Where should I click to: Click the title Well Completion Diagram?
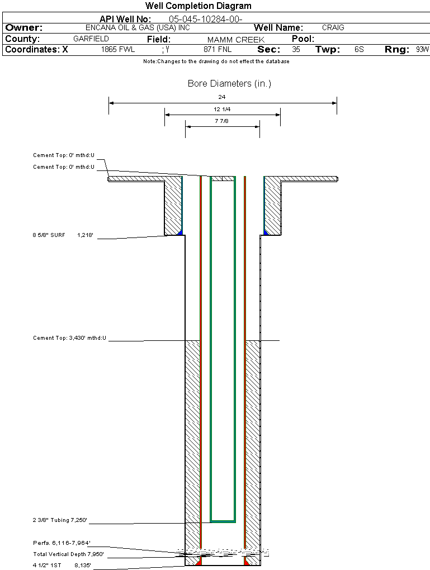198,6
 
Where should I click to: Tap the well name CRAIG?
333,27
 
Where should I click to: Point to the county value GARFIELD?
91,39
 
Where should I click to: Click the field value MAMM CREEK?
235,40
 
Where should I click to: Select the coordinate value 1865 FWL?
118,50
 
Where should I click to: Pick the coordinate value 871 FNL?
218,50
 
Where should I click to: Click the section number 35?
296,50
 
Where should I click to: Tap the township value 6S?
359,50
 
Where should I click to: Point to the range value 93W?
422,50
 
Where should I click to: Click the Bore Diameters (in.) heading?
229,84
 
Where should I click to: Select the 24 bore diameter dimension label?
222,97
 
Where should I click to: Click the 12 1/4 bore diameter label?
222,109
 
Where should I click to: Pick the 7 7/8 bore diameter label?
222,121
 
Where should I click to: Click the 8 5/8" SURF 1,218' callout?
66,236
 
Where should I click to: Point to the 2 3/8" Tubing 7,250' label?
60,521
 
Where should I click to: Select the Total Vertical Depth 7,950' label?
68,554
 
